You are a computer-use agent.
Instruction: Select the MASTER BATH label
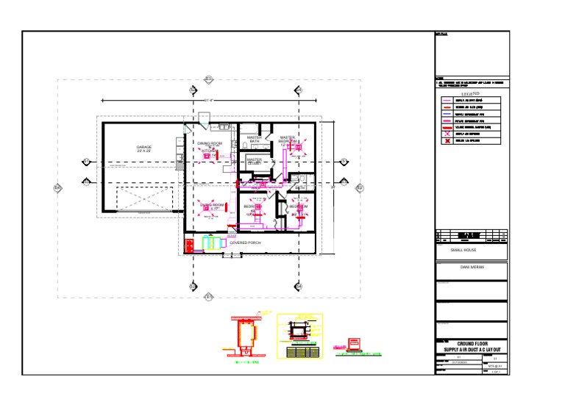point(254,139)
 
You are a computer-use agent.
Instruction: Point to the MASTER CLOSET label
point(254,160)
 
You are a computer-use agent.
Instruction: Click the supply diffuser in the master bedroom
point(299,147)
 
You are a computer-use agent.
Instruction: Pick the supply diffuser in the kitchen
point(207,155)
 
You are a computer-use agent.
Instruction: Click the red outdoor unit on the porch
point(188,245)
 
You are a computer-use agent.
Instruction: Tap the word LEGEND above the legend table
point(471,94)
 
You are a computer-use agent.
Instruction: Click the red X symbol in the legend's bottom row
point(446,141)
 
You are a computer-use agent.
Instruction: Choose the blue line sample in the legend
point(446,115)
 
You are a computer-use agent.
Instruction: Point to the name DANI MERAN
point(471,267)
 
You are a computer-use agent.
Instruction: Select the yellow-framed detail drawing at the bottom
point(299,337)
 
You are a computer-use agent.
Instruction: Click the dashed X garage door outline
point(144,198)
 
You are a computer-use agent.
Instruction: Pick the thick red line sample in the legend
point(446,128)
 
